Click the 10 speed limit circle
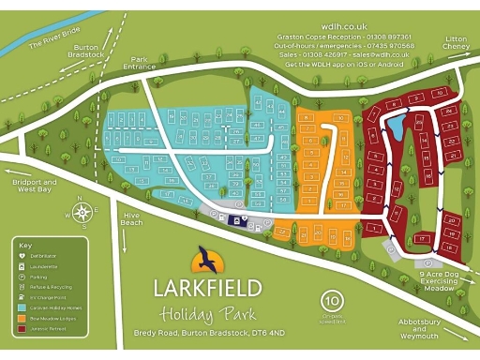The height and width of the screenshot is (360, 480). pyautogui.click(x=331, y=302)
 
